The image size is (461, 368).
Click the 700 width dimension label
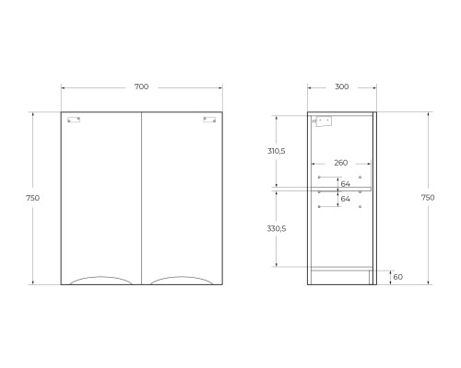pyautogui.click(x=141, y=86)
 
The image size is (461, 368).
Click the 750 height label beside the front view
pyautogui.click(x=33, y=198)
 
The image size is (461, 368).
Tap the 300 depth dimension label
pyautogui.click(x=341, y=86)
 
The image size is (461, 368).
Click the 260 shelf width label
pyautogui.click(x=341, y=163)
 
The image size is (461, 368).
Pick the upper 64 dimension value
pyautogui.click(x=346, y=183)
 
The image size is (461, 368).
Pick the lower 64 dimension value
pyautogui.click(x=346, y=199)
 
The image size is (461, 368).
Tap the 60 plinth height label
pyautogui.click(x=397, y=276)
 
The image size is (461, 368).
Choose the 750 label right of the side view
pyautogui.click(x=428, y=198)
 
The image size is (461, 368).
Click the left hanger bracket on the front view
pyautogui.click(x=75, y=118)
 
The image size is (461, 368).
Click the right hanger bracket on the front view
pyautogui.click(x=209, y=118)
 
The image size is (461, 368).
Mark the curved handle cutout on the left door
pyautogui.click(x=101, y=279)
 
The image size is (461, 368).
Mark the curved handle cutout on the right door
pyautogui.click(x=182, y=279)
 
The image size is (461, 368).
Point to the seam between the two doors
pyautogui.click(x=142, y=198)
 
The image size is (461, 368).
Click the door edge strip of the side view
pyautogui.click(x=373, y=198)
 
